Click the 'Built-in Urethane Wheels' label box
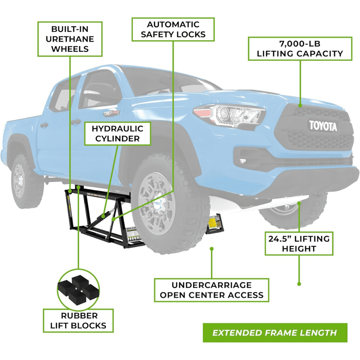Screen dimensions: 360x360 coord(70,39)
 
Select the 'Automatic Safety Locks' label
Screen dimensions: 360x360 coord(173,29)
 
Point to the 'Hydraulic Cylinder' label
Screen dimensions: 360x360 coord(117,133)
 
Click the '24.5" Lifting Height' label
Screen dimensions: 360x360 coord(299,243)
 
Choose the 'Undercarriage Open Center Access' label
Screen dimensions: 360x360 coord(211,290)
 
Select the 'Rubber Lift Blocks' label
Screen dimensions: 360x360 coord(79,320)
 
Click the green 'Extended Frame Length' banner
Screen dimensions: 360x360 coord(274,333)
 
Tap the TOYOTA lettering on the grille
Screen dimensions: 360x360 coord(323,126)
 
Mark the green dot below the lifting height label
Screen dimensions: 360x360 coord(299,284)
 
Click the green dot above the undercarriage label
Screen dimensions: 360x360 coord(211,249)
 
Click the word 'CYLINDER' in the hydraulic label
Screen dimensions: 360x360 coord(117,139)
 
